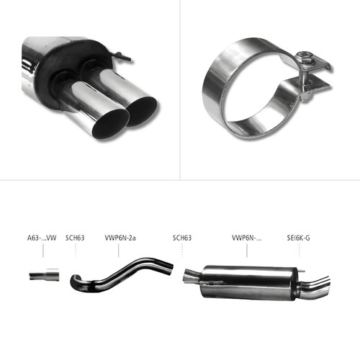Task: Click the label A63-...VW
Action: (x=42, y=238)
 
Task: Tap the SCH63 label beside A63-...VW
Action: (x=75, y=238)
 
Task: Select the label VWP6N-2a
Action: (x=120, y=238)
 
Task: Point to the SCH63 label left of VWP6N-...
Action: (x=182, y=238)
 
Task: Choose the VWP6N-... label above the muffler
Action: (x=246, y=238)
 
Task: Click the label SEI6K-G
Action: (x=299, y=238)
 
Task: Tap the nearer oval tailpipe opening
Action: (x=111, y=124)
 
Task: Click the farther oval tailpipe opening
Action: (x=143, y=112)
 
